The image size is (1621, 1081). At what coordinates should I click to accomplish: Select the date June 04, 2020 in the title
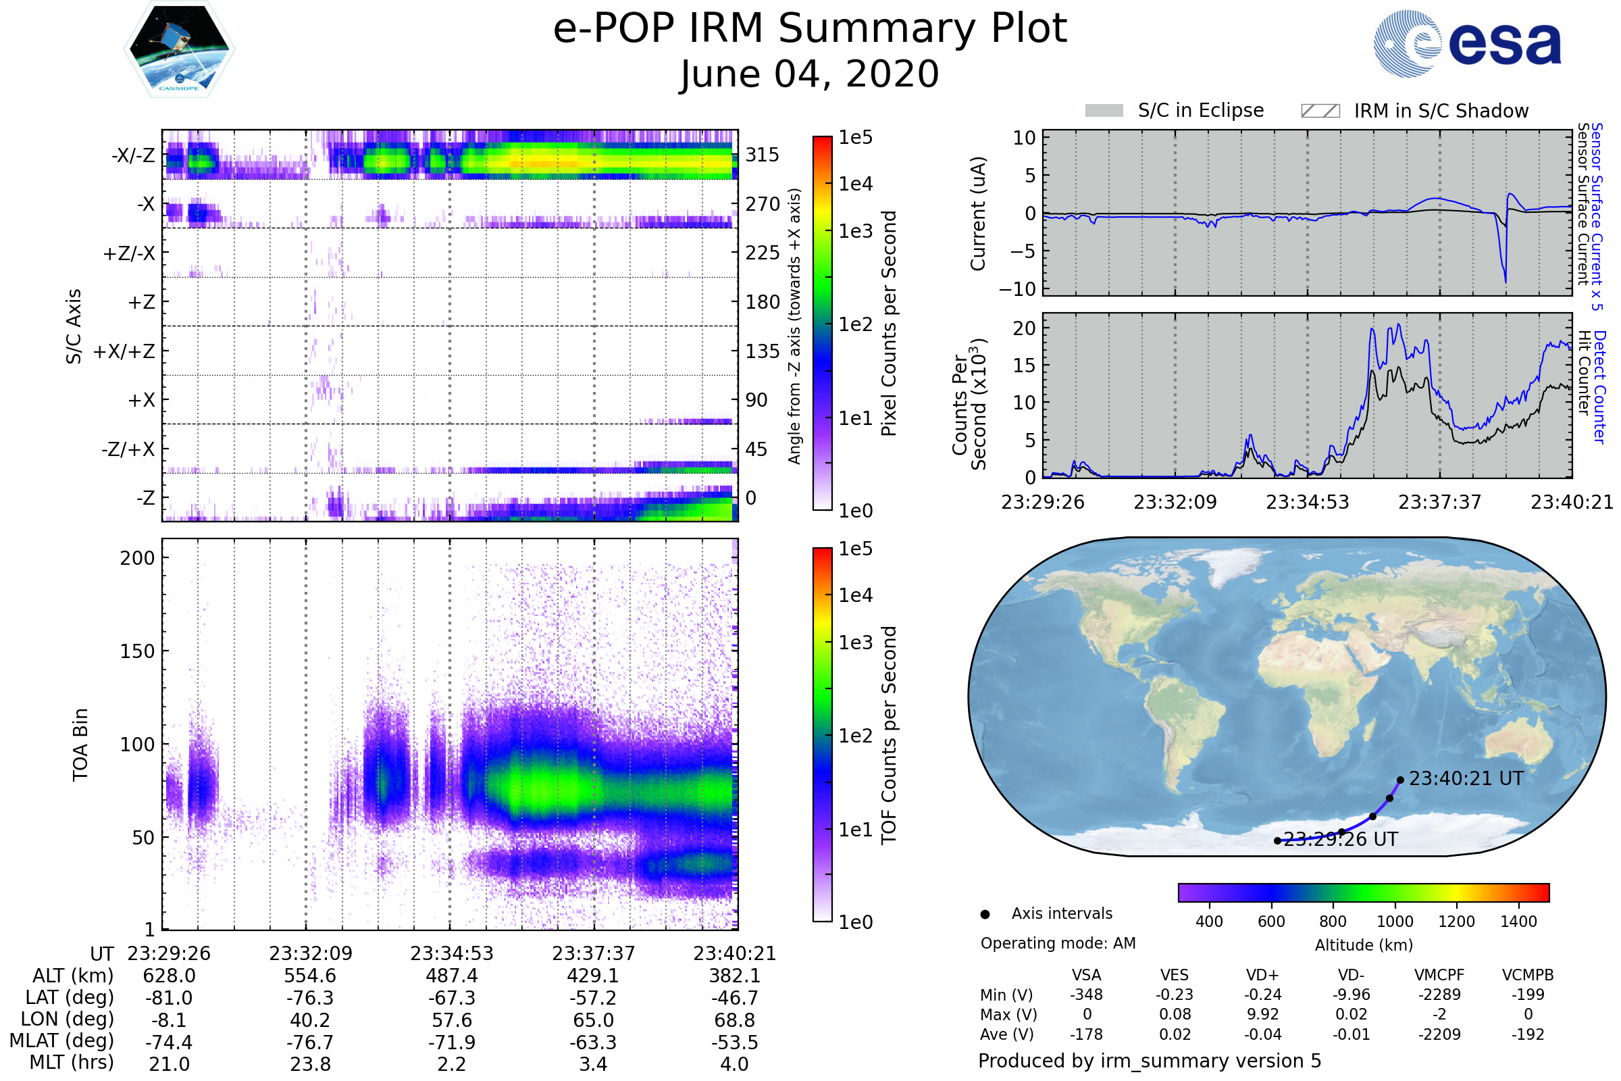[809, 74]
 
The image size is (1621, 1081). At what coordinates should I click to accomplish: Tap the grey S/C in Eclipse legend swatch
[1104, 111]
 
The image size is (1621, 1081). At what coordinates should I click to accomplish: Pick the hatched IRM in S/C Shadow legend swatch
[1320, 111]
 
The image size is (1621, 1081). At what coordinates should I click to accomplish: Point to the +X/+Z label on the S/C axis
[124, 351]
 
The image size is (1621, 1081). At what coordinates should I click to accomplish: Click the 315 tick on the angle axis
[763, 155]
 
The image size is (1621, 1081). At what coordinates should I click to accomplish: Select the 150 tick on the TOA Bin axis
[137, 651]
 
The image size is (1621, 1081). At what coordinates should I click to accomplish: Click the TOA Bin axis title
[80, 745]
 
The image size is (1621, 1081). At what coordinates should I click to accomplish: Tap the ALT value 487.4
[451, 976]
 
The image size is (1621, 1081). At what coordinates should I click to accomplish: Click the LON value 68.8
[735, 1020]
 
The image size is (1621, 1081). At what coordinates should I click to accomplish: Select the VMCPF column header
[1439, 976]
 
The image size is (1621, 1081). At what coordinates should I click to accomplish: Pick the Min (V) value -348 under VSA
[1086, 995]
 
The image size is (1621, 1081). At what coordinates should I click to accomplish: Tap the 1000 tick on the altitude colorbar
[1395, 922]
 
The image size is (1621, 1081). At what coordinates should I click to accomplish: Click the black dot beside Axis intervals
[985, 914]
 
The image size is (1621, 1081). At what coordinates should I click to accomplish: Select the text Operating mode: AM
[1058, 943]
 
